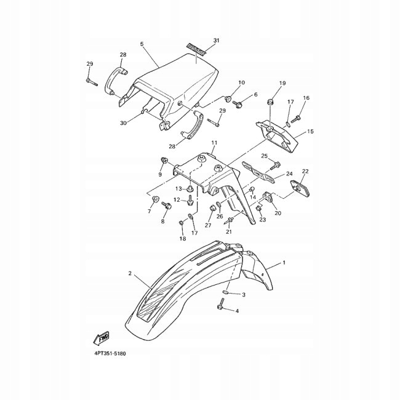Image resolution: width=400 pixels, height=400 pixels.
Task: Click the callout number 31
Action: coord(216,41)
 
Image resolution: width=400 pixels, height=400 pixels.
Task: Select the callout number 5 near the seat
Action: coord(142,44)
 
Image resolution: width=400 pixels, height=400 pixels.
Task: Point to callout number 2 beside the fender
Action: coord(130,273)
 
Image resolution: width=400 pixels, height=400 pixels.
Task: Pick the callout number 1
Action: coord(284,263)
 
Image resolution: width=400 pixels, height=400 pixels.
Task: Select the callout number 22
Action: coord(305,171)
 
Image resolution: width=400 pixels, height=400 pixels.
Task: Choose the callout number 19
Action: coord(282,83)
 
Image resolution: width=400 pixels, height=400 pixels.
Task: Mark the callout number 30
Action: coord(123,122)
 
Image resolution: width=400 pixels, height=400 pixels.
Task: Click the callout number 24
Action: coord(289,174)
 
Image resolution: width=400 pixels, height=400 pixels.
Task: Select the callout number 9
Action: coord(160,175)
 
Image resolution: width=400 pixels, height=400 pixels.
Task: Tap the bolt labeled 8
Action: coord(165,212)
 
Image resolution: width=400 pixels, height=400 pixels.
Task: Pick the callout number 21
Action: coord(229,231)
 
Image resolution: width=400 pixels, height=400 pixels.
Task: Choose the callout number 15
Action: coord(310,131)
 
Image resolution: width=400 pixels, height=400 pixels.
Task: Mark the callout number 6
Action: coord(255,95)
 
